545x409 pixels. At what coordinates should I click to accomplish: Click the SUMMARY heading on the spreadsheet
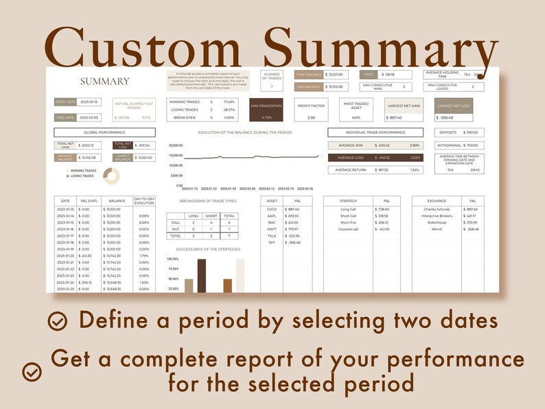pos(104,81)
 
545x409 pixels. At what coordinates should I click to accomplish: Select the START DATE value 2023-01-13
pos(90,102)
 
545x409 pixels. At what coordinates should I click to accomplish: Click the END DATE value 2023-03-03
pos(90,117)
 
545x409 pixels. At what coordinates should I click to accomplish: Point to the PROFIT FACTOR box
pos(311,110)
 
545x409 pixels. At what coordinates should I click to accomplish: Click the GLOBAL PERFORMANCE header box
pos(104,132)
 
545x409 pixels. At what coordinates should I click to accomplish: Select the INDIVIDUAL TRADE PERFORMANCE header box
pos(375,132)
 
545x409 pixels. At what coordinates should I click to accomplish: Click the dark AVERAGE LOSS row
pos(375,157)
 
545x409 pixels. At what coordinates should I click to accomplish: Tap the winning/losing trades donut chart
pos(111,176)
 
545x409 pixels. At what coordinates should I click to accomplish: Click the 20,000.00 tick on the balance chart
pos(175,145)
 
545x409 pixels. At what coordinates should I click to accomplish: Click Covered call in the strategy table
pos(348,229)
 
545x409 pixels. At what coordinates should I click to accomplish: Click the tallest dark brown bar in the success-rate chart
pos(201,275)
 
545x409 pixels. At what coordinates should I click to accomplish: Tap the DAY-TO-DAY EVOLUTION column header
pos(144,200)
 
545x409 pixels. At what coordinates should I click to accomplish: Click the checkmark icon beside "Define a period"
pos(58,320)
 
